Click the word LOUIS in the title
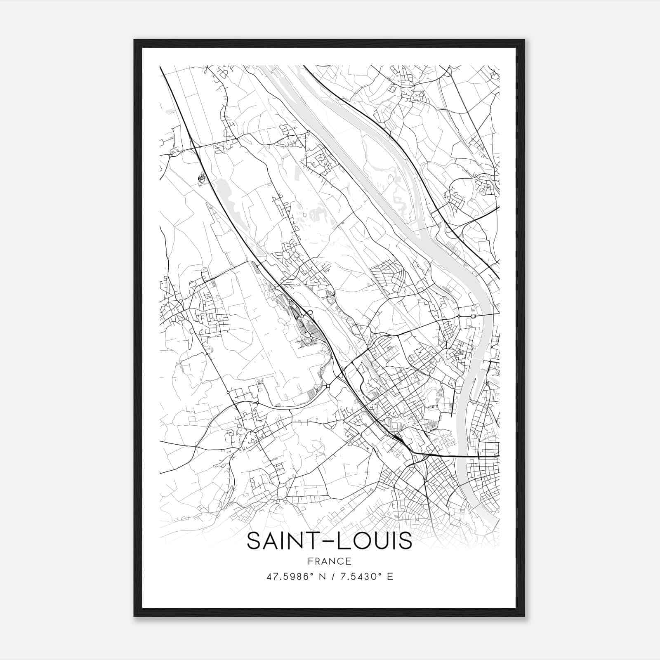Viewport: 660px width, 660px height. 375,541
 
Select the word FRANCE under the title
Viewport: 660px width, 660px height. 329,561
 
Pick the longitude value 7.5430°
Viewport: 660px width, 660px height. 359,576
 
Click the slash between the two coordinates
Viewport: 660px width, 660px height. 328,576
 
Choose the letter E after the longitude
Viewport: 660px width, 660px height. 390,576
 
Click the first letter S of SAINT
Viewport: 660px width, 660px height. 253,541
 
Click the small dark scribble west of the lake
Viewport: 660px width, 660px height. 201,179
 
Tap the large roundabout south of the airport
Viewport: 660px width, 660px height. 328,386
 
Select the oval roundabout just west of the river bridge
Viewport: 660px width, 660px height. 473,316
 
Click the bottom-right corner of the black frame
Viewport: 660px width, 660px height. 524,616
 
